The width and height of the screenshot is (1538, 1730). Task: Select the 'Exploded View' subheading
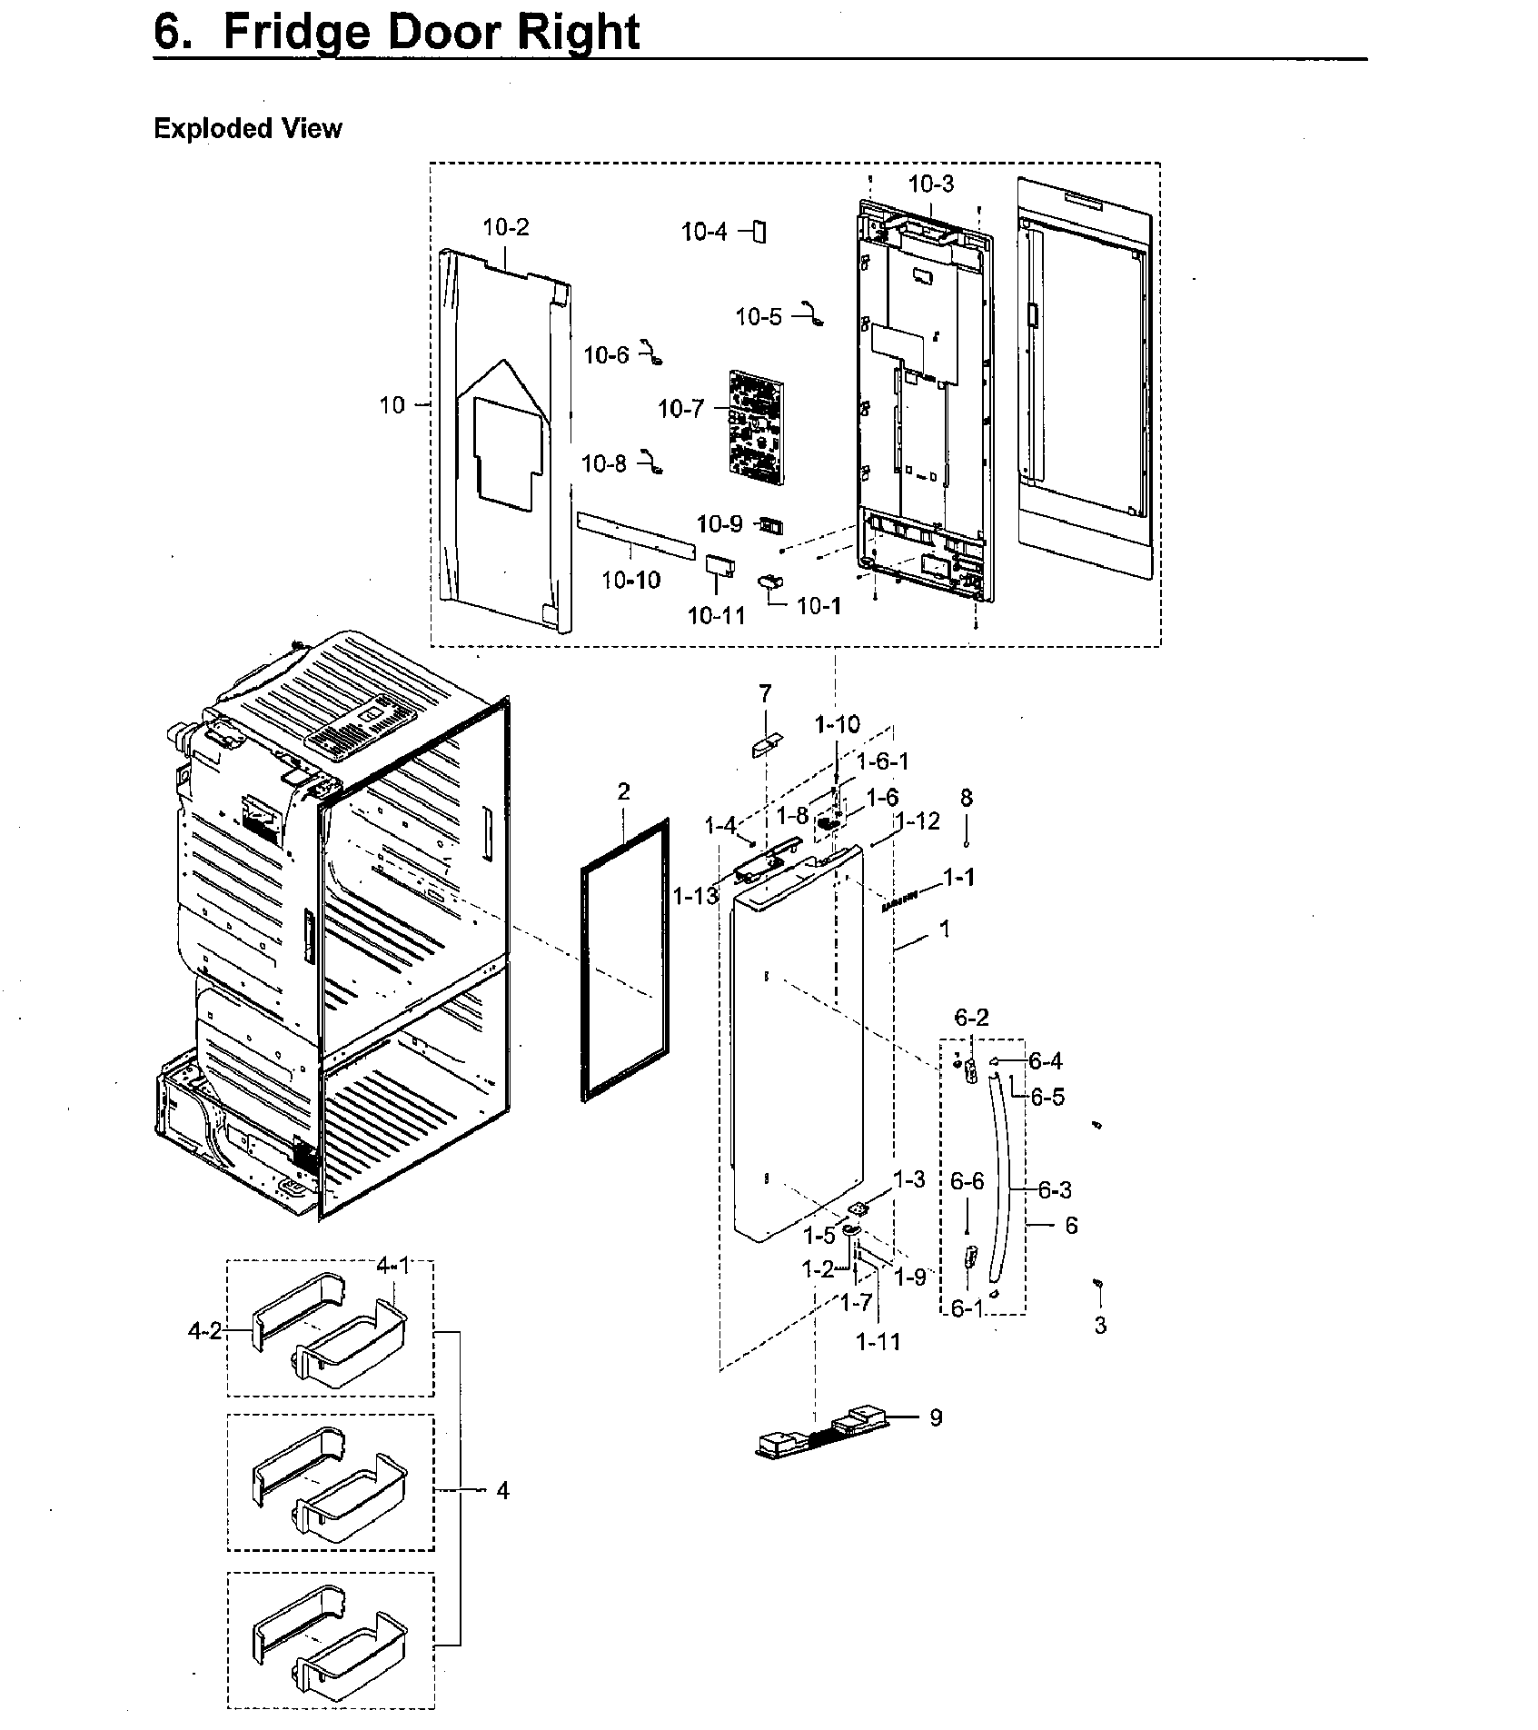(x=247, y=129)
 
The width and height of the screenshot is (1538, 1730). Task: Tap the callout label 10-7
(x=680, y=409)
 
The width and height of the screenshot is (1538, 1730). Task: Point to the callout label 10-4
(x=705, y=233)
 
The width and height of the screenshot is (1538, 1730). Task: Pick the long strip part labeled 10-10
(x=636, y=536)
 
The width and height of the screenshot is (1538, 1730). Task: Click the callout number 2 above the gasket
(x=623, y=791)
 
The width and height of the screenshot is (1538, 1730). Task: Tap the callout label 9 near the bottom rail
(x=936, y=1417)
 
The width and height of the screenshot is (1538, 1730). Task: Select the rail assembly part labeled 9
(x=818, y=1435)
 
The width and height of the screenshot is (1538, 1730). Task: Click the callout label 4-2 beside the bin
(x=204, y=1331)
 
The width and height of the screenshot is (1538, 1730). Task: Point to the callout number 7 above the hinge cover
(x=765, y=694)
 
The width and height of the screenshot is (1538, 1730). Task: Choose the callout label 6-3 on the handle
(x=1054, y=1189)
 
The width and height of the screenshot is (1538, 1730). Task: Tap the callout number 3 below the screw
(x=1100, y=1325)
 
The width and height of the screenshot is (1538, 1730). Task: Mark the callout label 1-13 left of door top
(x=696, y=897)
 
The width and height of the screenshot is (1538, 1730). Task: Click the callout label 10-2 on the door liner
(x=505, y=227)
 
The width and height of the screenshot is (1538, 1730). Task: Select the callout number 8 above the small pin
(x=967, y=798)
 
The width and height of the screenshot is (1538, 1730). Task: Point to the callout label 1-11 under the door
(x=878, y=1341)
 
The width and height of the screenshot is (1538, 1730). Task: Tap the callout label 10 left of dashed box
(x=392, y=405)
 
